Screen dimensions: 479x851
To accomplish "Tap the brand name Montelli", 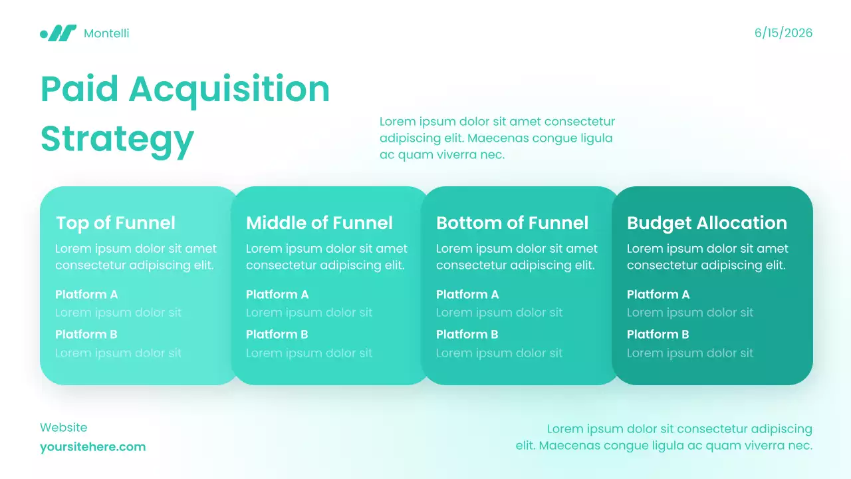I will click(106, 33).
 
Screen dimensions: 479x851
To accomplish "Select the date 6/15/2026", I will click(783, 33).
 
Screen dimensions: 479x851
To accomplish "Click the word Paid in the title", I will click(80, 89).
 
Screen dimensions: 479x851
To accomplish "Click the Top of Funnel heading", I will click(116, 223).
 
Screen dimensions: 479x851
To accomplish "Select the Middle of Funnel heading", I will click(319, 223).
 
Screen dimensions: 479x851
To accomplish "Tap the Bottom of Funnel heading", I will click(512, 223).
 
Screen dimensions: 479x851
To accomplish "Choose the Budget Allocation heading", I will click(707, 223).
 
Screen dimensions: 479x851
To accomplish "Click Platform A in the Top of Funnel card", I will click(86, 295).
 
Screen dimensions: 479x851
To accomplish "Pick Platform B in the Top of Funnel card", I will click(86, 335).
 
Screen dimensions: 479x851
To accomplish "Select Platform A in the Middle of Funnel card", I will click(277, 295).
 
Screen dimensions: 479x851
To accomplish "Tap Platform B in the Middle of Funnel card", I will click(277, 335).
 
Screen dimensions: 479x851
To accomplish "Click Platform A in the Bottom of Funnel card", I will click(467, 295).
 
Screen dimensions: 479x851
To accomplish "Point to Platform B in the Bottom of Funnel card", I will click(467, 335).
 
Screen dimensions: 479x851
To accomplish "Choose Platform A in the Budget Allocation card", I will click(658, 295).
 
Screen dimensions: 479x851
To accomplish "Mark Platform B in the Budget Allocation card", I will click(658, 335).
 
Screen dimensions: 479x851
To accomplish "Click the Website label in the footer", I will click(63, 428).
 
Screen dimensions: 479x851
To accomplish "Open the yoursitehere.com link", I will click(92, 447).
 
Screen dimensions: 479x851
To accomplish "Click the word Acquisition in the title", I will click(229, 89).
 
